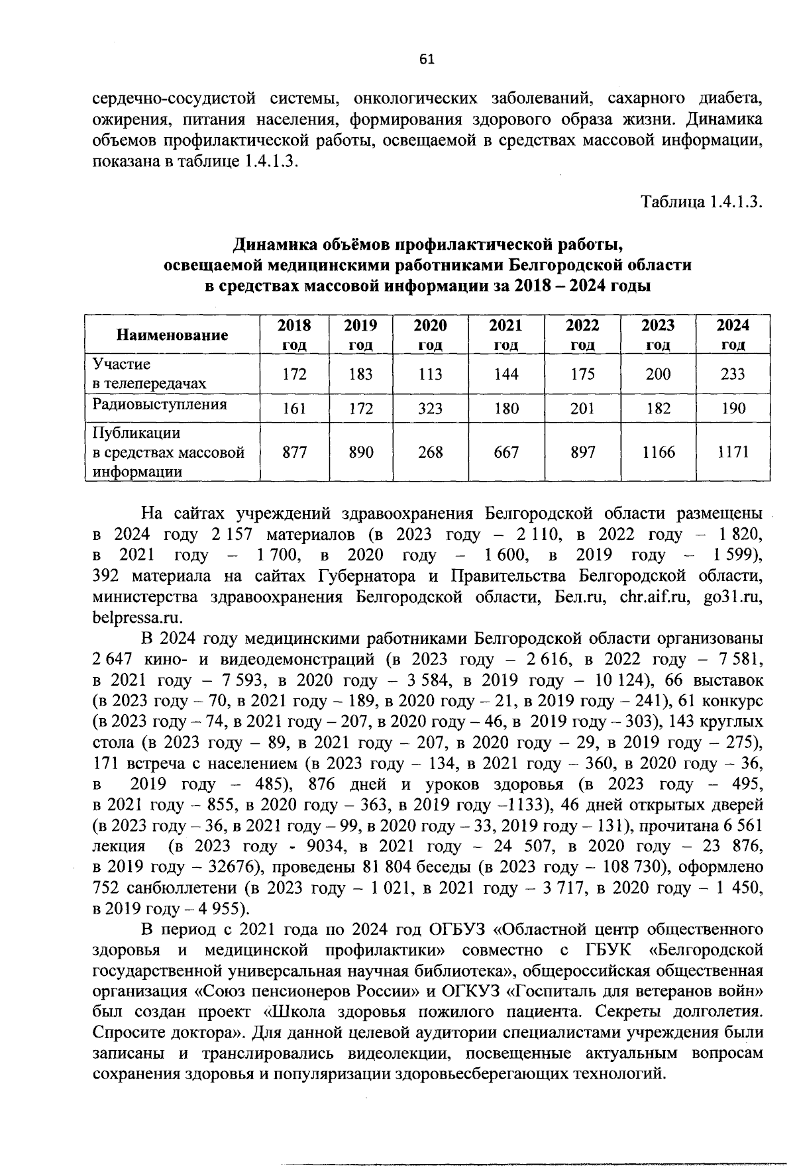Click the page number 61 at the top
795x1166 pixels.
[x=426, y=60]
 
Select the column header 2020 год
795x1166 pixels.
[x=430, y=335]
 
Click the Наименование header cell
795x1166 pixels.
[x=172, y=335]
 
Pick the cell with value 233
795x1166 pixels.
[x=733, y=374]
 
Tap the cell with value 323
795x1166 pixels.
[x=430, y=409]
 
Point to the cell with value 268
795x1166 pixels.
[x=430, y=452]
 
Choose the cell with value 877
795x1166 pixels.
[x=294, y=452]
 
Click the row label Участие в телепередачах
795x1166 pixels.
[x=149, y=374]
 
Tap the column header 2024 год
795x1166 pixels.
[x=733, y=335]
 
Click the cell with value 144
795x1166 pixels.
[x=506, y=374]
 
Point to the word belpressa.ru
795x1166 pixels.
[x=137, y=617]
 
